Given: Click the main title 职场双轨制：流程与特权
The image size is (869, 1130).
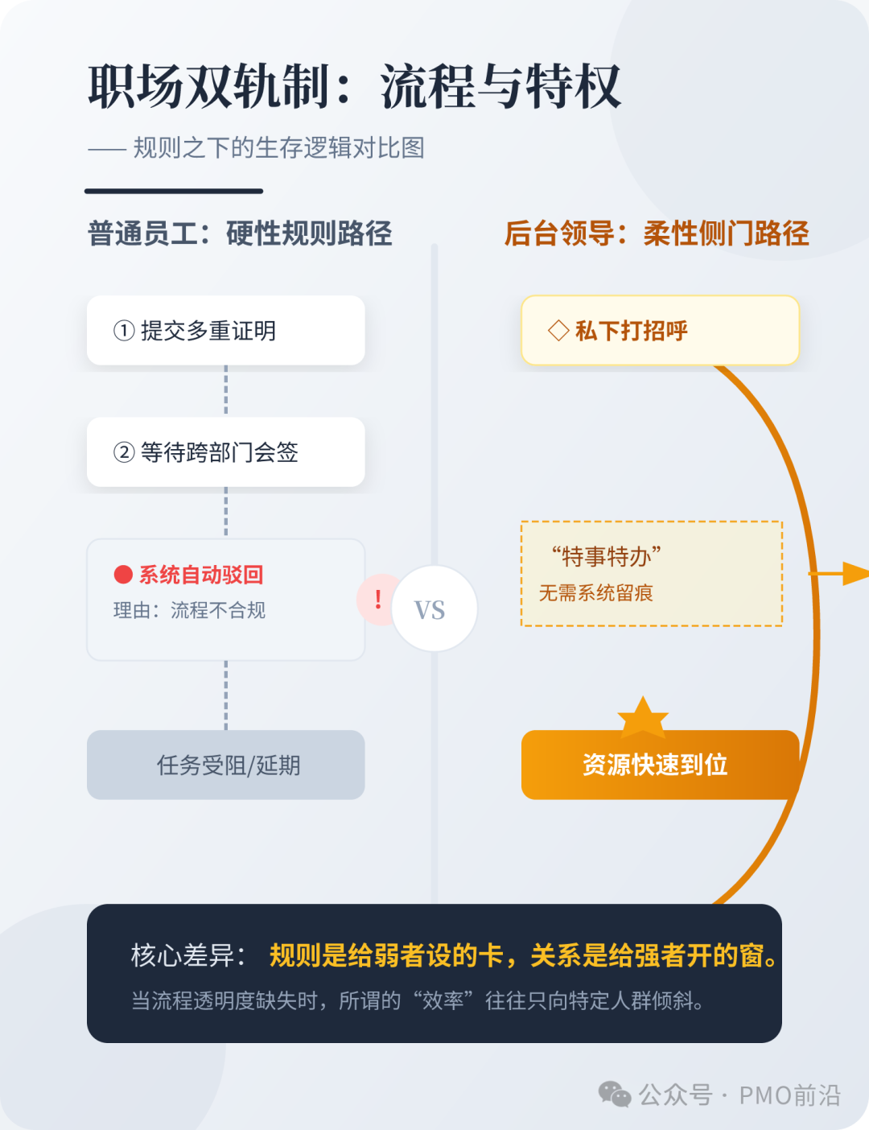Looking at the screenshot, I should coord(354,86).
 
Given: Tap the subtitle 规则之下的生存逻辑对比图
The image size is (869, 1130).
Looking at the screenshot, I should coord(278,148).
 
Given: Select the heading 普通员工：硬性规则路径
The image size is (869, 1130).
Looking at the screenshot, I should coord(240,233).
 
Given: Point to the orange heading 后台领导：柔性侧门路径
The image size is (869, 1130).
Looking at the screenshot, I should coord(657,233).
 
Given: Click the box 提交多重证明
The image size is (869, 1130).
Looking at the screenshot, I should coord(225,330).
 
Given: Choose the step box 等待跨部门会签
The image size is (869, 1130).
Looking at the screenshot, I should coord(225,452).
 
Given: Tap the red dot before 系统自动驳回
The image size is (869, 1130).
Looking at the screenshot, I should coord(123,575).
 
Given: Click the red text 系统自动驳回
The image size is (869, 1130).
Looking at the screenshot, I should coord(201,575).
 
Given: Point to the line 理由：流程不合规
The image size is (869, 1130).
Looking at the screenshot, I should coord(189,611).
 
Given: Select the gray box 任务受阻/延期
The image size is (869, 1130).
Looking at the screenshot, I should coord(225,765).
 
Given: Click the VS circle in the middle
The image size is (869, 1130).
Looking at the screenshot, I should coord(434,609).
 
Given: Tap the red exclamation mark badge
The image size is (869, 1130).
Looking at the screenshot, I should coord(377,600).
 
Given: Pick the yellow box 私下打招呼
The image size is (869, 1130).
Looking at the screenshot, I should coord(660,330).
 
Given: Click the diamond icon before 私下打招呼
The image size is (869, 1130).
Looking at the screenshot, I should coord(558,331).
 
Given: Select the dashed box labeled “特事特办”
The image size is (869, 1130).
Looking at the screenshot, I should coord(652,573).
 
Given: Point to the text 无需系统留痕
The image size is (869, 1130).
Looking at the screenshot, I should coord(595,593).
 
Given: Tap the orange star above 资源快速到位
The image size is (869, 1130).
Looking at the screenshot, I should coord(642,717).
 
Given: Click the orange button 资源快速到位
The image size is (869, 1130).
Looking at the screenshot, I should coord(655,765).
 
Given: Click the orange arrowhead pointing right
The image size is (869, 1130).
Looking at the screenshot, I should coord(856,574).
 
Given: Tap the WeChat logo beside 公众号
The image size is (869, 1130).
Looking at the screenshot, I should coord(615,1095).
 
